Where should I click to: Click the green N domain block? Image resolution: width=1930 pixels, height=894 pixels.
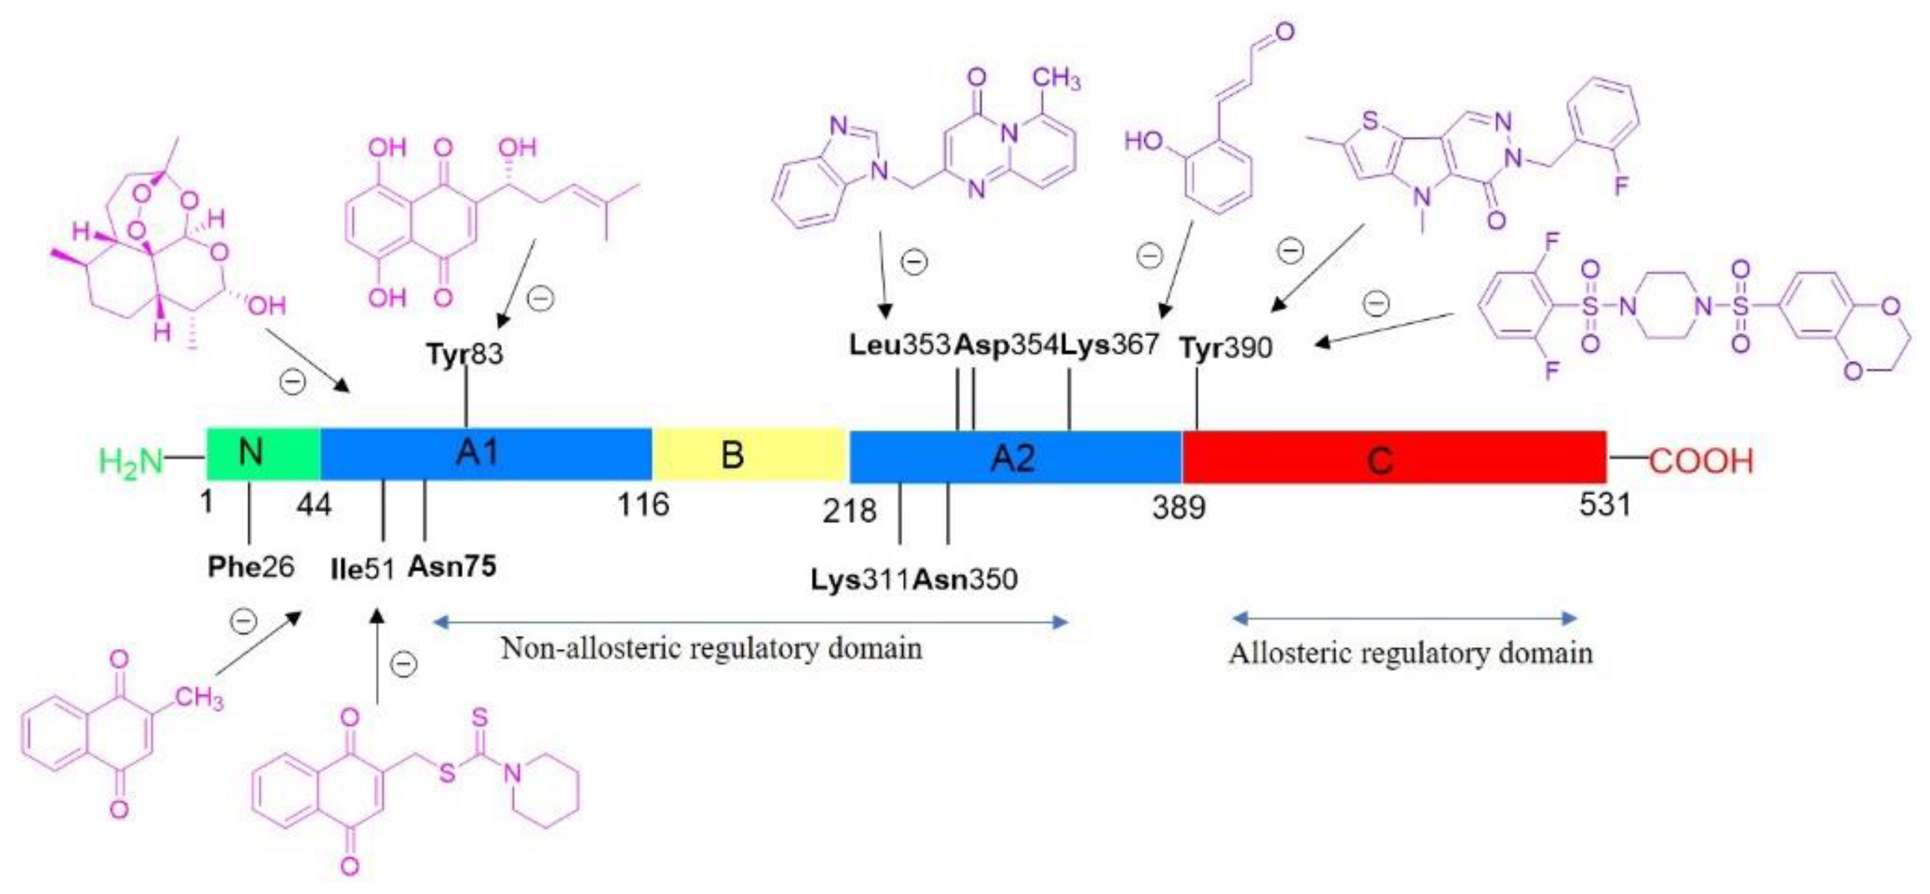click(x=262, y=453)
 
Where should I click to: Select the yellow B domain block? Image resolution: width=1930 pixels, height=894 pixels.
click(x=749, y=454)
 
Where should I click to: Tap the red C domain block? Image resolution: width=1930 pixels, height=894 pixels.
click(x=1393, y=457)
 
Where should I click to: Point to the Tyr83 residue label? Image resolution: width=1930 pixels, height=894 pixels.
click(x=464, y=354)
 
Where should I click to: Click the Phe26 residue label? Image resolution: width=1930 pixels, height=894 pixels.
click(x=251, y=567)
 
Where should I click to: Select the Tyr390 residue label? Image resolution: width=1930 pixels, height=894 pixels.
click(x=1226, y=348)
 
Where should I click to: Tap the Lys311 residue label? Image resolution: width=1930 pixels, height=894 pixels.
click(x=860, y=579)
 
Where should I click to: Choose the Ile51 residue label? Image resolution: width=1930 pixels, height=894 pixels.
click(x=362, y=569)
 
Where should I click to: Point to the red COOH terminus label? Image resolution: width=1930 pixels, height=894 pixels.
click(x=1701, y=461)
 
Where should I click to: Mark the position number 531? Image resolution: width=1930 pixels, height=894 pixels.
click(x=1605, y=505)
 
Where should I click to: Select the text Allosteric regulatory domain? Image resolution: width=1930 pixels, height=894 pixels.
click(x=1410, y=654)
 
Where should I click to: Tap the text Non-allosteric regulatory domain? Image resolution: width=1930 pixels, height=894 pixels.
click(x=711, y=648)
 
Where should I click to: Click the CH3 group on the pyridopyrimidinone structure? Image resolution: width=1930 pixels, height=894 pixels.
click(x=1056, y=78)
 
